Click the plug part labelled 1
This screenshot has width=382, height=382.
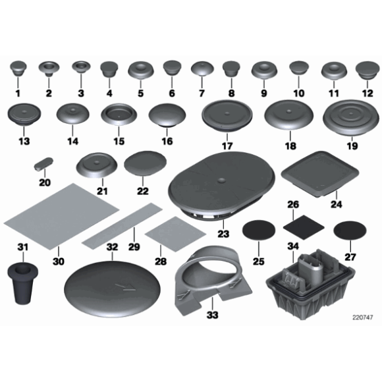click(x=18, y=68)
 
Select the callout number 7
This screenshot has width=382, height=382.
click(x=202, y=93)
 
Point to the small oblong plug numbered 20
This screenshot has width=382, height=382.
click(x=43, y=163)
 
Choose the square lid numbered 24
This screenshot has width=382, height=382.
click(x=320, y=174)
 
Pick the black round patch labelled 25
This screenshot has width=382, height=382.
click(x=259, y=230)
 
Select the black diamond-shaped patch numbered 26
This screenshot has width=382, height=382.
click(x=304, y=227)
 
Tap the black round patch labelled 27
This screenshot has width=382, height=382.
click(x=350, y=231)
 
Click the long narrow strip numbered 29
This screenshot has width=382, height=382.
click(x=122, y=225)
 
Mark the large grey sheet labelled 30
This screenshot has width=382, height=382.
click(x=61, y=217)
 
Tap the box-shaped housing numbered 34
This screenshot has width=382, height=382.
click(x=310, y=284)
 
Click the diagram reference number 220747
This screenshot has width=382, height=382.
click(x=363, y=317)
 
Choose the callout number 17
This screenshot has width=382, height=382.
click(x=227, y=146)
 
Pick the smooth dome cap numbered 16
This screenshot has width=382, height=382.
click(x=167, y=115)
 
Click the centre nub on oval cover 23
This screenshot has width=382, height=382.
click(x=221, y=180)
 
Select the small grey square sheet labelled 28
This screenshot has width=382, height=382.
click(x=175, y=234)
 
